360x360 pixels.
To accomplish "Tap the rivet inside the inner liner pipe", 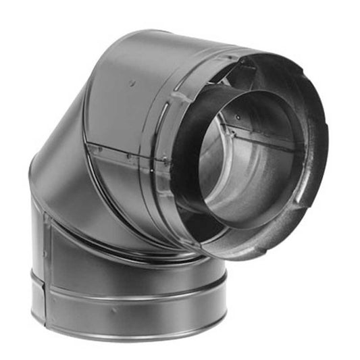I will click(x=238, y=117).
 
